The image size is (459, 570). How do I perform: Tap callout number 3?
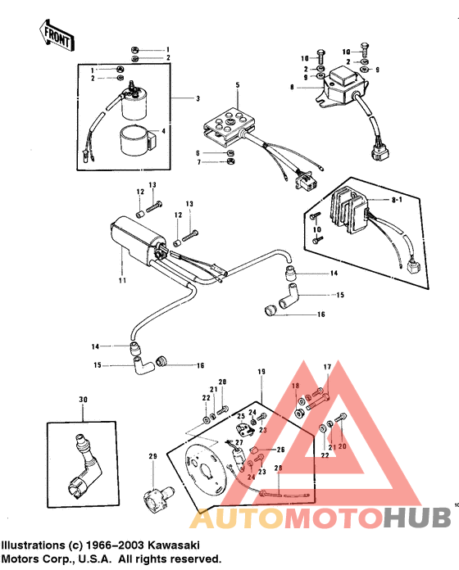click(197, 98)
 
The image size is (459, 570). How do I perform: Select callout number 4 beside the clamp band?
click(163, 131)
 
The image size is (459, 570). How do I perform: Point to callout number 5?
click(238, 85)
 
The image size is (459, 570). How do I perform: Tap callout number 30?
click(82, 399)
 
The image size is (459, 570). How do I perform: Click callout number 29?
click(152, 455)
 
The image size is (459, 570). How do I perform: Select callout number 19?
click(262, 372)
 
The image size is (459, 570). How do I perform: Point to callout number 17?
click(327, 366)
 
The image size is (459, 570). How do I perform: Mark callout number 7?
click(198, 162)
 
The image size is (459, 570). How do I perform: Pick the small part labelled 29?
click(153, 495)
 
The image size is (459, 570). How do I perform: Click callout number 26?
click(279, 450)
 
